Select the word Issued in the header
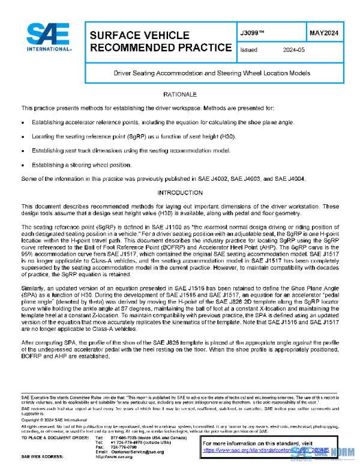pos(248,50)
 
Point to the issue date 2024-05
pos(294,50)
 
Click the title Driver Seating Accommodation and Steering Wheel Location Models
pos(212,73)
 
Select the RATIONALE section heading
pos(180,95)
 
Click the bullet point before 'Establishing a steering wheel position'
pos(23,164)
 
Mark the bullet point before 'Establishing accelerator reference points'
pos(23,121)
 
